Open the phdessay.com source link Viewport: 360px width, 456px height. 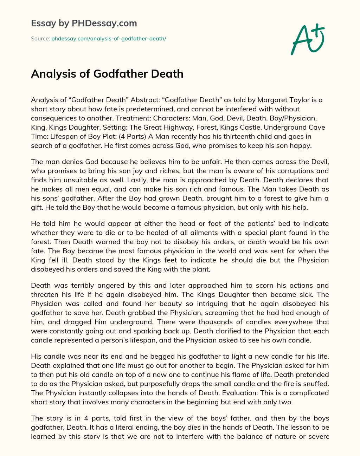(109, 38)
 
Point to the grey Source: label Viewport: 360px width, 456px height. (40, 38)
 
